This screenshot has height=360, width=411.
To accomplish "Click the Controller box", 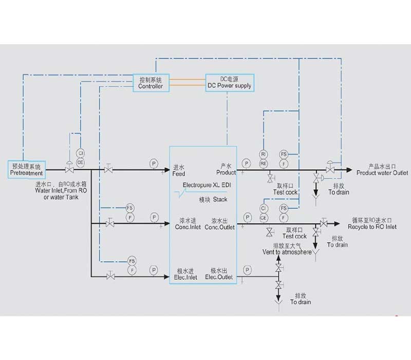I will (151, 83).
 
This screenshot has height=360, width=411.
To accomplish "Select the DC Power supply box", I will (229, 82).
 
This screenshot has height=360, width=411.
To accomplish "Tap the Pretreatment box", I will (27, 170).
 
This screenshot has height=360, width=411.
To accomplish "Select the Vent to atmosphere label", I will (286, 252).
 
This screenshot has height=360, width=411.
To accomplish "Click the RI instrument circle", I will (263, 154).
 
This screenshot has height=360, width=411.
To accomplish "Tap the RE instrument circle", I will (263, 163).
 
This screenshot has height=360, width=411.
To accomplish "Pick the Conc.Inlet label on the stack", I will (186, 227).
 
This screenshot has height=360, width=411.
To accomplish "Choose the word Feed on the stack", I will (178, 173).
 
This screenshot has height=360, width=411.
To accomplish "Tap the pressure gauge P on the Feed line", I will (154, 164).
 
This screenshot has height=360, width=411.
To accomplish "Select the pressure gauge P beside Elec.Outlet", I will (248, 270).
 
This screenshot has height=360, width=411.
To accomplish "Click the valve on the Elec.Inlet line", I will (110, 277).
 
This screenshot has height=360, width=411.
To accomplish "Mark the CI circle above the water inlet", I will (80, 153).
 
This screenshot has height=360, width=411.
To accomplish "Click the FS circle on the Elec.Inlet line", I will (132, 261).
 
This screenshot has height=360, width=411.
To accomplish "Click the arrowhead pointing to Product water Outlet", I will (349, 170).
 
